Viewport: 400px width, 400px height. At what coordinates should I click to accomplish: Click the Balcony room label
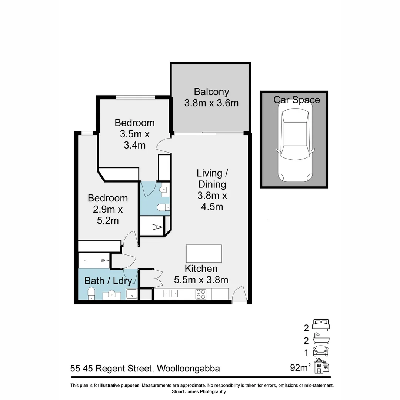(x=211, y=97)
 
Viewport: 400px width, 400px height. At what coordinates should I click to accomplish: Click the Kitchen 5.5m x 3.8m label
(x=201, y=274)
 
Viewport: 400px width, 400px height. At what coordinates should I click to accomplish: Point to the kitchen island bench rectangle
(x=204, y=254)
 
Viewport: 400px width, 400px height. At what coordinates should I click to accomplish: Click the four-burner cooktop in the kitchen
(x=201, y=294)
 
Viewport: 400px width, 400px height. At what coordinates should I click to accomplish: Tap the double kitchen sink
(x=171, y=294)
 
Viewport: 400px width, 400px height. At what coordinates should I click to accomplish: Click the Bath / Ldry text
(x=108, y=281)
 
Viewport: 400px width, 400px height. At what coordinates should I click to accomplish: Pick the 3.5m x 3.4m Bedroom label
(x=134, y=134)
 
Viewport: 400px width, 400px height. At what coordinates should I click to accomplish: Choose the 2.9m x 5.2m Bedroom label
(x=108, y=209)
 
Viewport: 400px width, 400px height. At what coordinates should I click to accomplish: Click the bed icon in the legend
(x=321, y=326)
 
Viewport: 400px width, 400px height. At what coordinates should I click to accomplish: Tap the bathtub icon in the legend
(x=321, y=338)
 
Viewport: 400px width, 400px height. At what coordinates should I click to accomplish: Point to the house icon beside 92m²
(x=321, y=366)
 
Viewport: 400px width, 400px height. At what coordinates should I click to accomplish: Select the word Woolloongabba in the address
(x=189, y=369)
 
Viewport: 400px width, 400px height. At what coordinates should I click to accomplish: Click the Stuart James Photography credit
(x=199, y=391)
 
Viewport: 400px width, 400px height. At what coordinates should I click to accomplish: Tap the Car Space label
(x=296, y=100)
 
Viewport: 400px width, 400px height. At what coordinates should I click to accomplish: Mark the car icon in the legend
(x=321, y=351)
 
